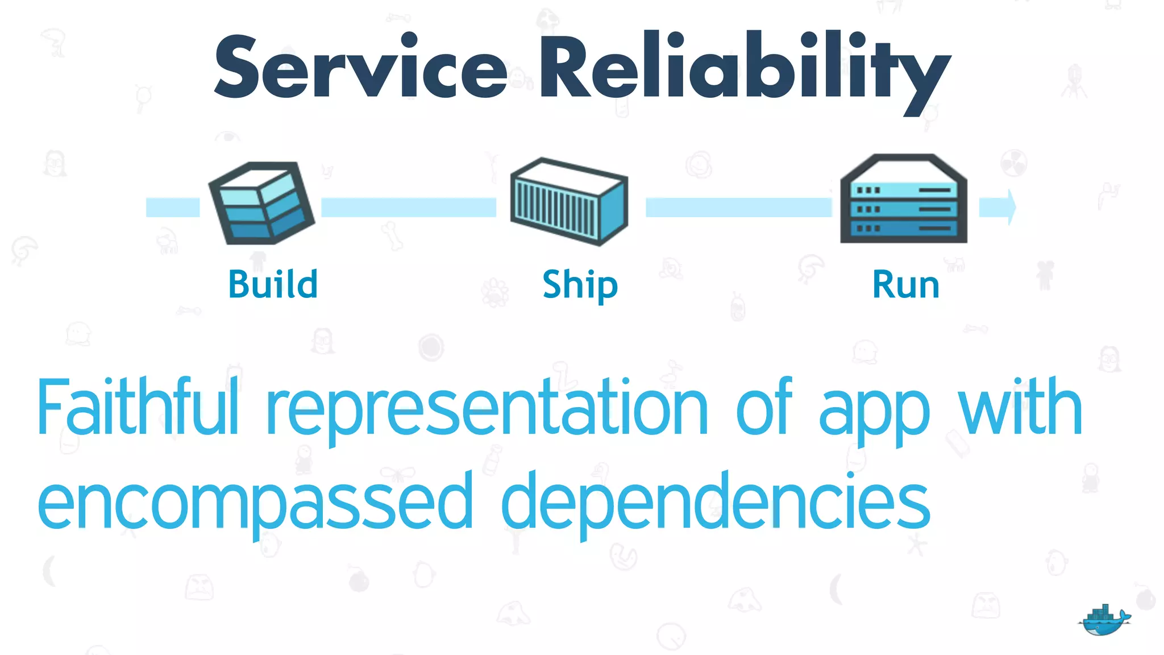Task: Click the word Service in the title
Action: [360, 67]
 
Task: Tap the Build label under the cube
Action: [273, 284]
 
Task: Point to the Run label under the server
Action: [906, 285]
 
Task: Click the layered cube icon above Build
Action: [261, 204]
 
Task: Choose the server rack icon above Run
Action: [904, 199]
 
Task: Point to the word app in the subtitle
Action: [874, 412]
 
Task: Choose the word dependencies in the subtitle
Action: [716, 503]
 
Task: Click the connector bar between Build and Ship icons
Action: [408, 207]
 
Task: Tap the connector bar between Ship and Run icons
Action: [738, 207]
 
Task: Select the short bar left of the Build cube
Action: [173, 207]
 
